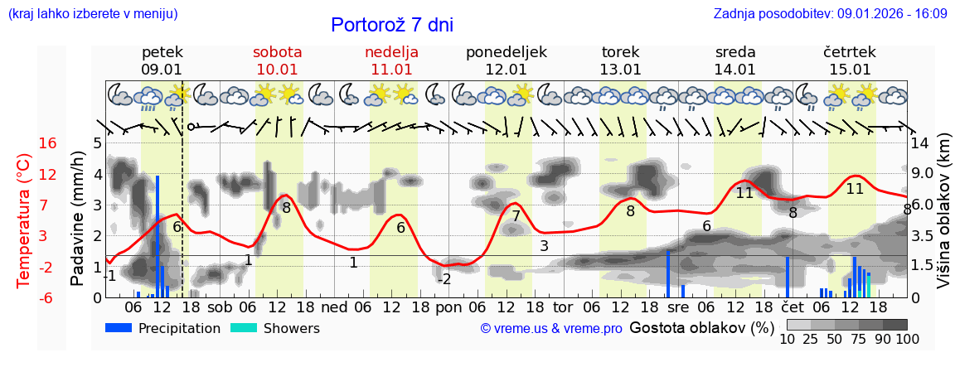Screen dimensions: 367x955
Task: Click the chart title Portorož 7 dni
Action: tap(391, 25)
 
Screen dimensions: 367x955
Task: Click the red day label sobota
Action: tap(277, 52)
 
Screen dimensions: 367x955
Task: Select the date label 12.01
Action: tap(506, 70)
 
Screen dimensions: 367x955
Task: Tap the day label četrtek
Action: tap(850, 52)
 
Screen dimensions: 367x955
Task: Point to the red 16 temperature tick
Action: tap(48, 143)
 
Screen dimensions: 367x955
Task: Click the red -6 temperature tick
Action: tap(48, 297)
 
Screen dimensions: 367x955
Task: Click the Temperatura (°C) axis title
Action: tap(23, 220)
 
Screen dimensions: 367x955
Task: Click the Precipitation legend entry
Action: tap(163, 329)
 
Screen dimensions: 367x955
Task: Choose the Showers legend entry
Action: tap(274, 329)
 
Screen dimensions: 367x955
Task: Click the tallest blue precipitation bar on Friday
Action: tap(158, 236)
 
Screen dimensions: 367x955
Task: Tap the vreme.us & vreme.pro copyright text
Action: tap(550, 329)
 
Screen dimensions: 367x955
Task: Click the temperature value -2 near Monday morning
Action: tap(444, 279)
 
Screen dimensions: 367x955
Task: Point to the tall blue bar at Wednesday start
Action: tap(667, 273)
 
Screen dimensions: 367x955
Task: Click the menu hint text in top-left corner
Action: tap(93, 14)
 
